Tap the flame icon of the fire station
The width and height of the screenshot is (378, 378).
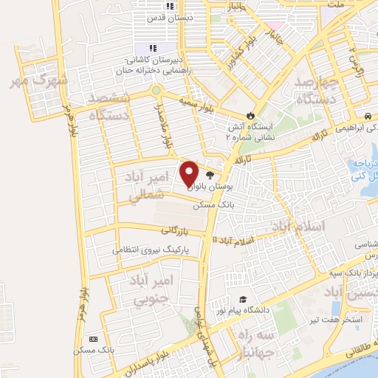tap(250, 115)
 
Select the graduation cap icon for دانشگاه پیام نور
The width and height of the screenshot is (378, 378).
tap(242, 299)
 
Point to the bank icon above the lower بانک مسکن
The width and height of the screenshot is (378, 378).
tap(92, 338)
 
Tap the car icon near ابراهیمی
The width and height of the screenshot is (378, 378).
tap(367, 116)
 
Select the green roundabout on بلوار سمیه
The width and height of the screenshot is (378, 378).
tap(156, 91)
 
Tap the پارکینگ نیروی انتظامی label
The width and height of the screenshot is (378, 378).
tap(151, 250)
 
